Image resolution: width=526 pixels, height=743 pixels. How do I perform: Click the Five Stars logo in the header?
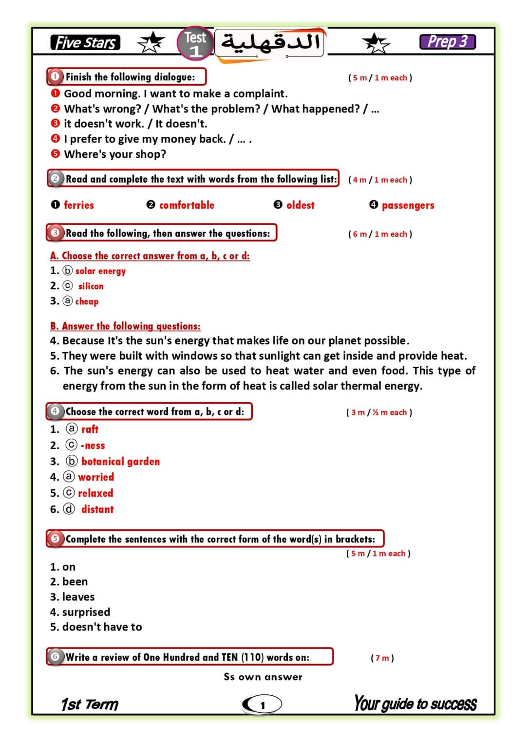tap(85, 43)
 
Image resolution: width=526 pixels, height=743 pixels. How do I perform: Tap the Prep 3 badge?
tap(447, 42)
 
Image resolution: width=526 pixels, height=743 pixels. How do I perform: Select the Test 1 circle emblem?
tap(195, 43)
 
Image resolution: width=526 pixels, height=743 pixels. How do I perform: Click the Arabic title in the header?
tap(271, 43)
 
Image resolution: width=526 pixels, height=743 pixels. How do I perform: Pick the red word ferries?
tap(79, 205)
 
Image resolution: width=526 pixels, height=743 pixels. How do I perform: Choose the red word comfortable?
tap(187, 205)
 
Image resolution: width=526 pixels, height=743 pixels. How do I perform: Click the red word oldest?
tap(300, 205)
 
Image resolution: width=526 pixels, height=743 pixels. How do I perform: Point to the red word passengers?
tap(408, 205)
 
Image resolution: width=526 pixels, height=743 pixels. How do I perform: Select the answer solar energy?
tap(100, 271)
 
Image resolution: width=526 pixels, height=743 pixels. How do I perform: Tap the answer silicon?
tap(91, 286)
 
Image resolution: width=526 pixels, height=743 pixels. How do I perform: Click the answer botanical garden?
tap(120, 462)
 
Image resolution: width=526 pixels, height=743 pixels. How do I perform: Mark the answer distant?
tap(97, 509)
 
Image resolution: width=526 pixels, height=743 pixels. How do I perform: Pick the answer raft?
tap(90, 429)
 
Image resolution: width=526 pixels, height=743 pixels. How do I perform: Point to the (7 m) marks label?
tap(382, 658)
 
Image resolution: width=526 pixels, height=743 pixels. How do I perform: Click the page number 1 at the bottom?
tap(263, 705)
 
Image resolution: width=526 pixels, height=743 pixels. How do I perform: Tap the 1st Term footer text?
tap(90, 705)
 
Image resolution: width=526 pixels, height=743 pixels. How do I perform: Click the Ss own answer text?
tap(263, 677)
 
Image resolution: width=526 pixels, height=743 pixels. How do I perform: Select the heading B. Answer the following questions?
tap(125, 326)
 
